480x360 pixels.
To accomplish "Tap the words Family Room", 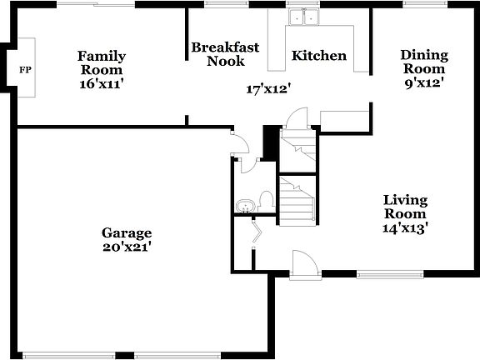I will coord(102,63).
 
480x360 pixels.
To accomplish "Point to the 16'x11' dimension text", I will coord(102,83).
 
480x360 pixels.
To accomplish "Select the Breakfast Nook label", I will coord(217,54).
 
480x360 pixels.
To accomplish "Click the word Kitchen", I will coord(318,56).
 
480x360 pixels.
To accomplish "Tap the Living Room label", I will coord(405,207).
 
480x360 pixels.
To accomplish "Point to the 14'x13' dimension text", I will coord(405,227).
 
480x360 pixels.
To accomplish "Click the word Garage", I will coord(127,232).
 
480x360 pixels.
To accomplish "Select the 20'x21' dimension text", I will coord(127,247).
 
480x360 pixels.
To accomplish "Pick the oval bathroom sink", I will coord(245,206).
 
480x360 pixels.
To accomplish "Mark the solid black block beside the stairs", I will coord(270,142).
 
